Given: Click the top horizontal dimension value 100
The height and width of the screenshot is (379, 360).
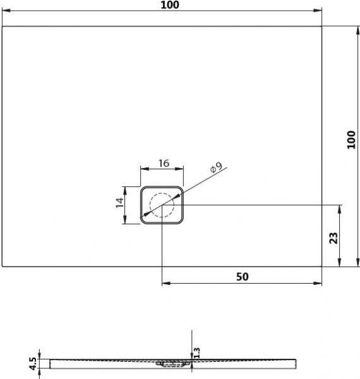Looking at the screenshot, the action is [x=170, y=5].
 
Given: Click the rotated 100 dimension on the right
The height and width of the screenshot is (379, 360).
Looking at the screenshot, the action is [x=351, y=140].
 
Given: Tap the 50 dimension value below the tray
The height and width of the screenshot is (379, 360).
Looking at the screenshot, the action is [x=242, y=277].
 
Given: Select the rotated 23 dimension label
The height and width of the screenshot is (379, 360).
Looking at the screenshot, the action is [x=333, y=238].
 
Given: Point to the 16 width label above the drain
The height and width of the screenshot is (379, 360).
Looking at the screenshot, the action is [x=164, y=164].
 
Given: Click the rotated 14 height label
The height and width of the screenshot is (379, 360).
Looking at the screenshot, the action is [x=119, y=202].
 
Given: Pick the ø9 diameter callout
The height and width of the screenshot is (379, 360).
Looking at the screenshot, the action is [x=216, y=167].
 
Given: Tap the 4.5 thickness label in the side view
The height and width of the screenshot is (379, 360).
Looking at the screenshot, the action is [x=33, y=364].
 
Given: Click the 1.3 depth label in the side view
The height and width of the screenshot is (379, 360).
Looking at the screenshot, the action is [x=197, y=352].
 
